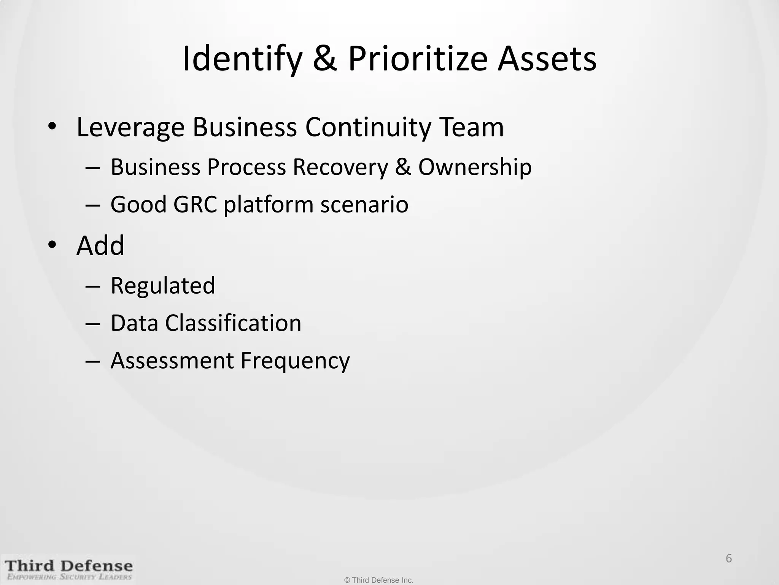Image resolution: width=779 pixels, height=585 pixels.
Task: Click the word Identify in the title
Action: pos(242,59)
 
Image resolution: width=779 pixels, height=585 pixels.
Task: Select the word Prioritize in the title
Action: pos(417,59)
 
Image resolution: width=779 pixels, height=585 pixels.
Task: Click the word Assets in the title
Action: pos(547,59)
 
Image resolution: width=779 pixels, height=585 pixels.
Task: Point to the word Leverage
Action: pos(130,128)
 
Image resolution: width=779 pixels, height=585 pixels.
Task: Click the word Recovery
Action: pos(340,167)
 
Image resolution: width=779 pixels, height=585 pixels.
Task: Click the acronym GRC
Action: pos(195,205)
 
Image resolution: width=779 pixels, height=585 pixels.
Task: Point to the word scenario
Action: pos(364,205)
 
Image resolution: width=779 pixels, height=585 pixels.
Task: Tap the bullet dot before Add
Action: pos(52,245)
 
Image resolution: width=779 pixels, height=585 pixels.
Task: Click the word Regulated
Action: pos(163,286)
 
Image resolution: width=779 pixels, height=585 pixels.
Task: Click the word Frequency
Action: pos(295,361)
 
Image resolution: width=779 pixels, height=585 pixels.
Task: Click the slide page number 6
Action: pos(729,558)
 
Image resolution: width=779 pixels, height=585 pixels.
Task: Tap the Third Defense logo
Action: pos(68,569)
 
